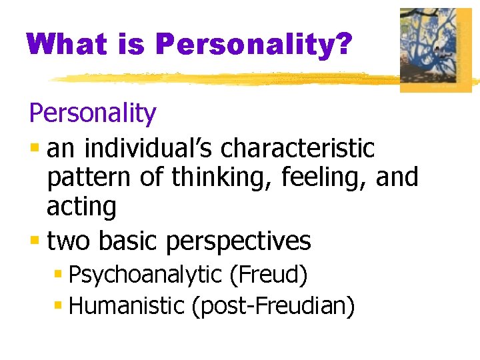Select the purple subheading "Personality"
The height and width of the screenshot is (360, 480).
pos(93,114)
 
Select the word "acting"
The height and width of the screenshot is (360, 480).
pos(81,207)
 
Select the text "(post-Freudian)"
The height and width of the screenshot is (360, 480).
pos(273,306)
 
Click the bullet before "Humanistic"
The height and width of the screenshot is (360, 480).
pos(59,306)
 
